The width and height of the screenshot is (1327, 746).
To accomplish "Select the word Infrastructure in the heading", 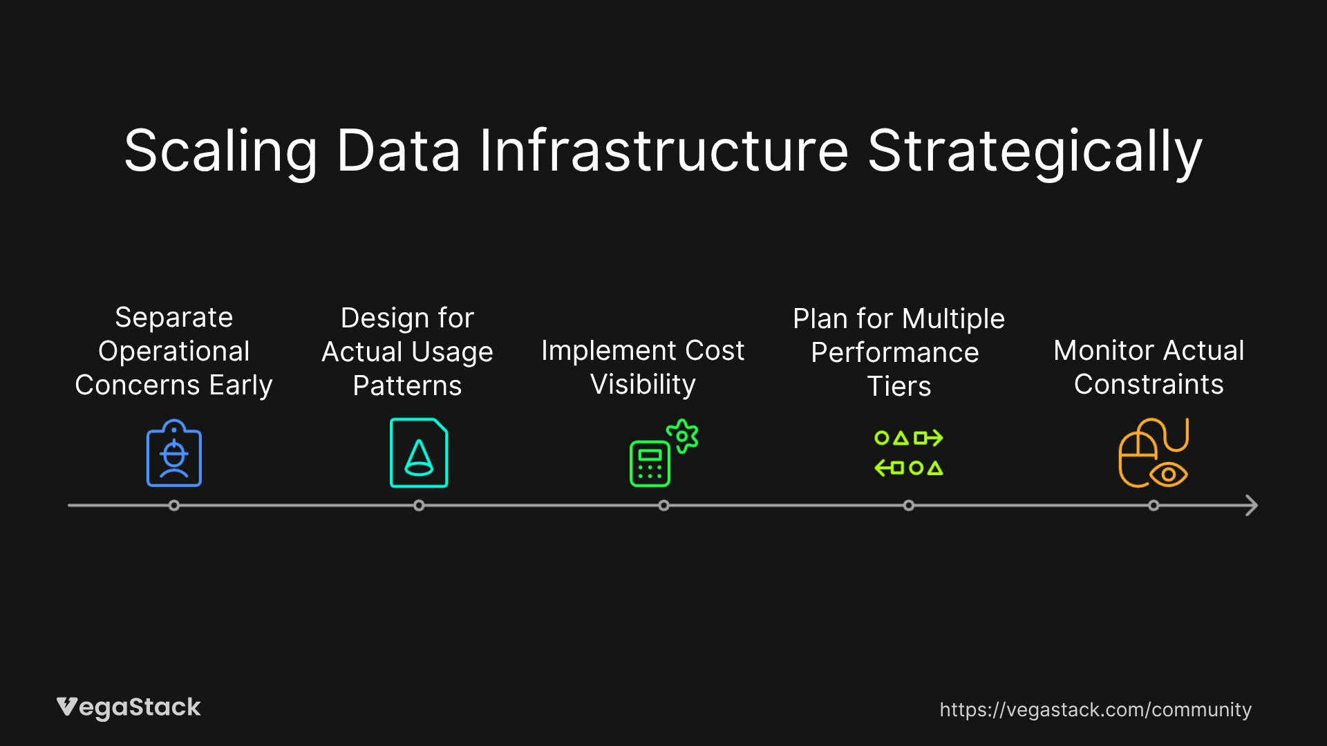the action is (663, 151).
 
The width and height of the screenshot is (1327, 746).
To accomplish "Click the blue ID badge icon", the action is (174, 453).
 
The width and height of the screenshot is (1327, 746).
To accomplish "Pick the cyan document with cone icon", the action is (419, 453).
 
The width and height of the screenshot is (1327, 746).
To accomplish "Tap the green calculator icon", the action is (650, 463).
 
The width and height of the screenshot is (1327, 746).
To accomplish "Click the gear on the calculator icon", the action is (682, 436).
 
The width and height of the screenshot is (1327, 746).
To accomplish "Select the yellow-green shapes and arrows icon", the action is (909, 453).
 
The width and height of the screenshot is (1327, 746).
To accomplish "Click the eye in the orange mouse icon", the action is (1169, 475).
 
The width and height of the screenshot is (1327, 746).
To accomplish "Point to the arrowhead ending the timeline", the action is (1252, 506).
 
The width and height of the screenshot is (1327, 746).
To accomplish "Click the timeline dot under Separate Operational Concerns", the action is (174, 506).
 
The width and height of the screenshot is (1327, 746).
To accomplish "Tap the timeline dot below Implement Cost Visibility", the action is (663, 506).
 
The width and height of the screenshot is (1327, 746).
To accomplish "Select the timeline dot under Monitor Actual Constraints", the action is (1154, 506).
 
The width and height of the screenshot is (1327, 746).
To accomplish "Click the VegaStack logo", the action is (129, 708).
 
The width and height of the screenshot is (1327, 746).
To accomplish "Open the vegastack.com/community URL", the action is (1095, 710).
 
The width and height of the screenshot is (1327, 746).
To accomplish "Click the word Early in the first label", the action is (241, 385).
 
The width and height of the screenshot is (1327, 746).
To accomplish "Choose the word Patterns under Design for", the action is (407, 385).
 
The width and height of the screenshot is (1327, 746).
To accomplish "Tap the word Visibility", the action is (643, 385).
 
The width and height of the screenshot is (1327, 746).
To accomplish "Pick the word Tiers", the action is (899, 386).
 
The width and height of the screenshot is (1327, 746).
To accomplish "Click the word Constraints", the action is (1149, 384).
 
